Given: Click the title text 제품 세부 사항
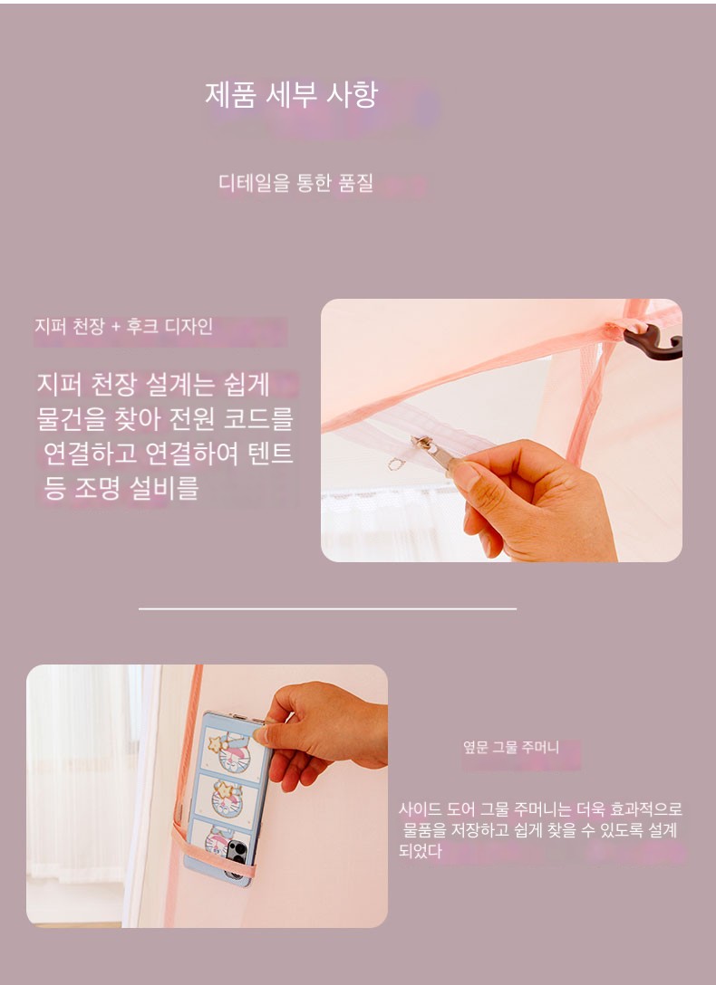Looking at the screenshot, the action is click(291, 95).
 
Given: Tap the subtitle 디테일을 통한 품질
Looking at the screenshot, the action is click(295, 183).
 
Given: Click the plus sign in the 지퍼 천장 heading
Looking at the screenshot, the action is click(115, 328).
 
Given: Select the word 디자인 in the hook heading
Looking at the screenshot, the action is click(189, 327).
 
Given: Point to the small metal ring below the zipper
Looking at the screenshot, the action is click(395, 464).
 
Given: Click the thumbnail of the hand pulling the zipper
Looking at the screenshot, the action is click(501, 430).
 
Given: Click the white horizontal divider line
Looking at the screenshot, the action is click(327, 608).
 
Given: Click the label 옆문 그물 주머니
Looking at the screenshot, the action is click(511, 747).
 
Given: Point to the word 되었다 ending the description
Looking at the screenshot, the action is click(421, 852).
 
